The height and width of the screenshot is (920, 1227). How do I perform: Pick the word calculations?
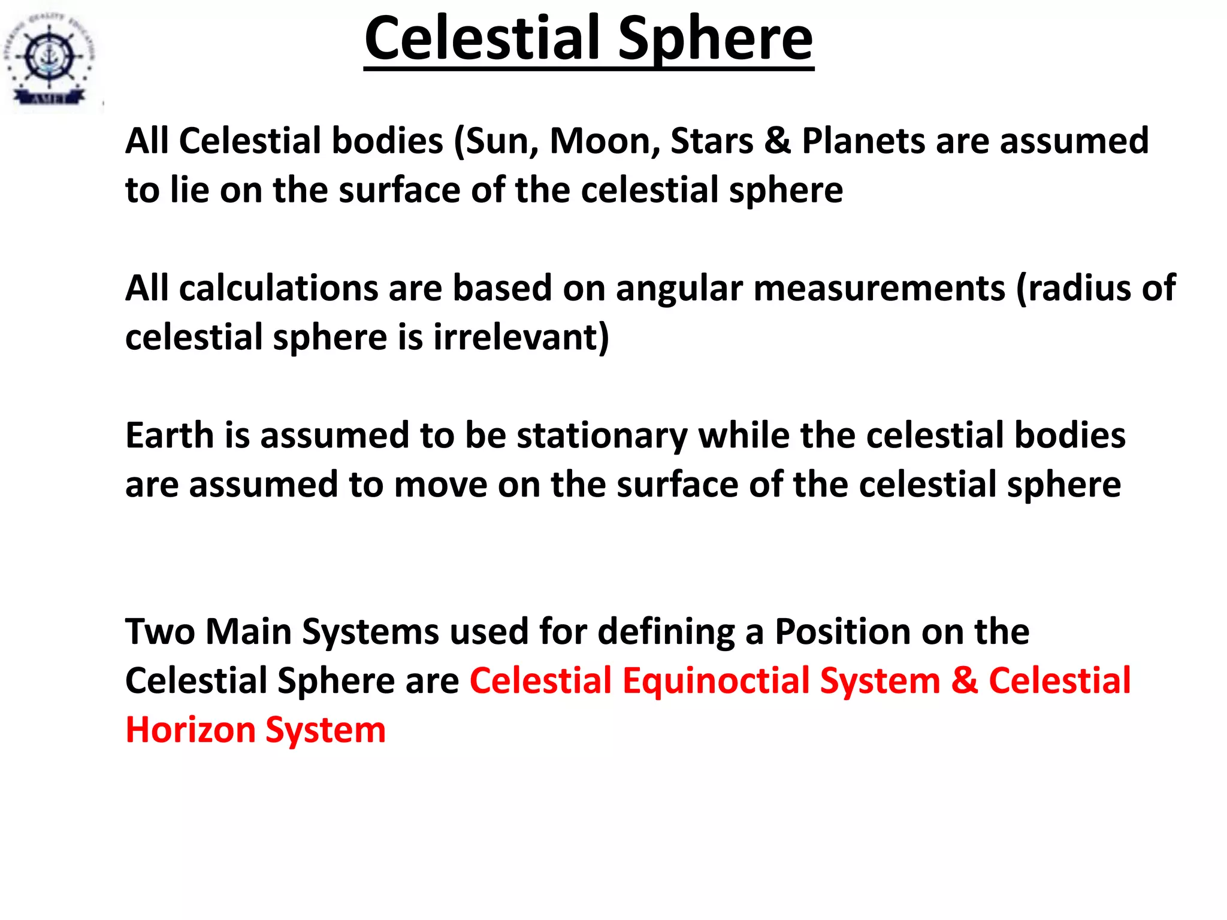(x=278, y=288)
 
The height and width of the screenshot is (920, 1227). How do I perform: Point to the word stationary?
(x=602, y=436)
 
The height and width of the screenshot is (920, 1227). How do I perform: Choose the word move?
(x=440, y=485)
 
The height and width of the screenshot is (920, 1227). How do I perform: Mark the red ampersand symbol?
(x=964, y=681)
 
